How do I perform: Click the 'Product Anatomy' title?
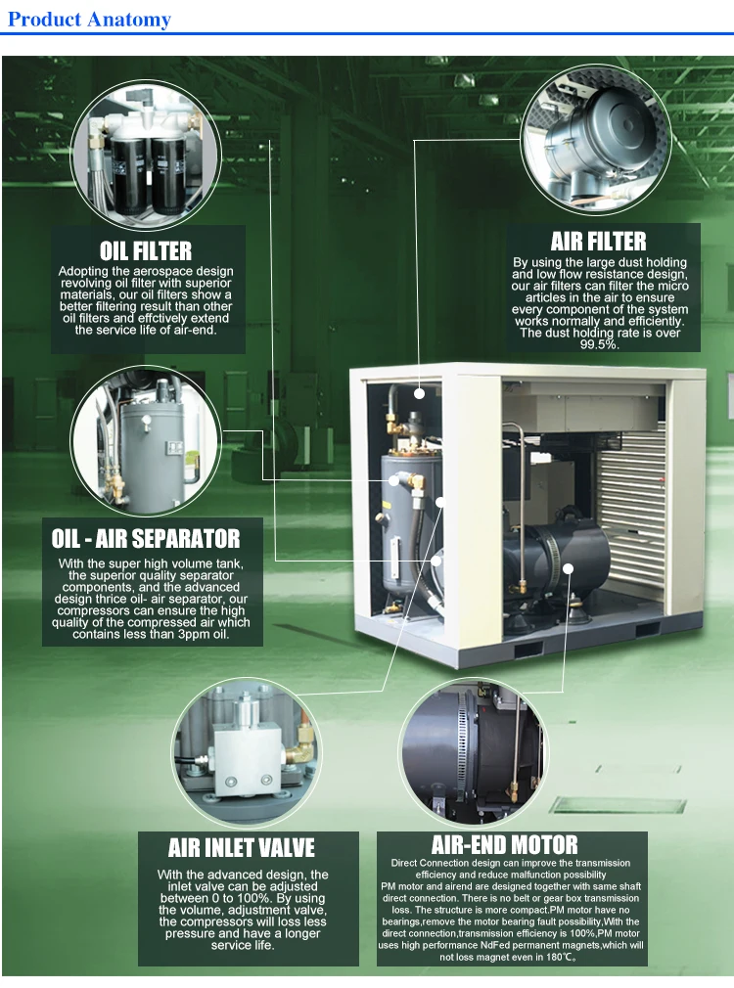[x=89, y=19]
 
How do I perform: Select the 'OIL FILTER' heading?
[x=145, y=252]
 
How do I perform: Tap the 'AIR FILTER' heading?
[x=598, y=241]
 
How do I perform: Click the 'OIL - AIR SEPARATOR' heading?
[x=145, y=538]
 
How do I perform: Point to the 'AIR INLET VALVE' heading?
[x=241, y=847]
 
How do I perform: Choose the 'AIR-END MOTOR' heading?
[x=504, y=844]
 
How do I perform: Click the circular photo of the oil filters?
[x=144, y=152]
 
